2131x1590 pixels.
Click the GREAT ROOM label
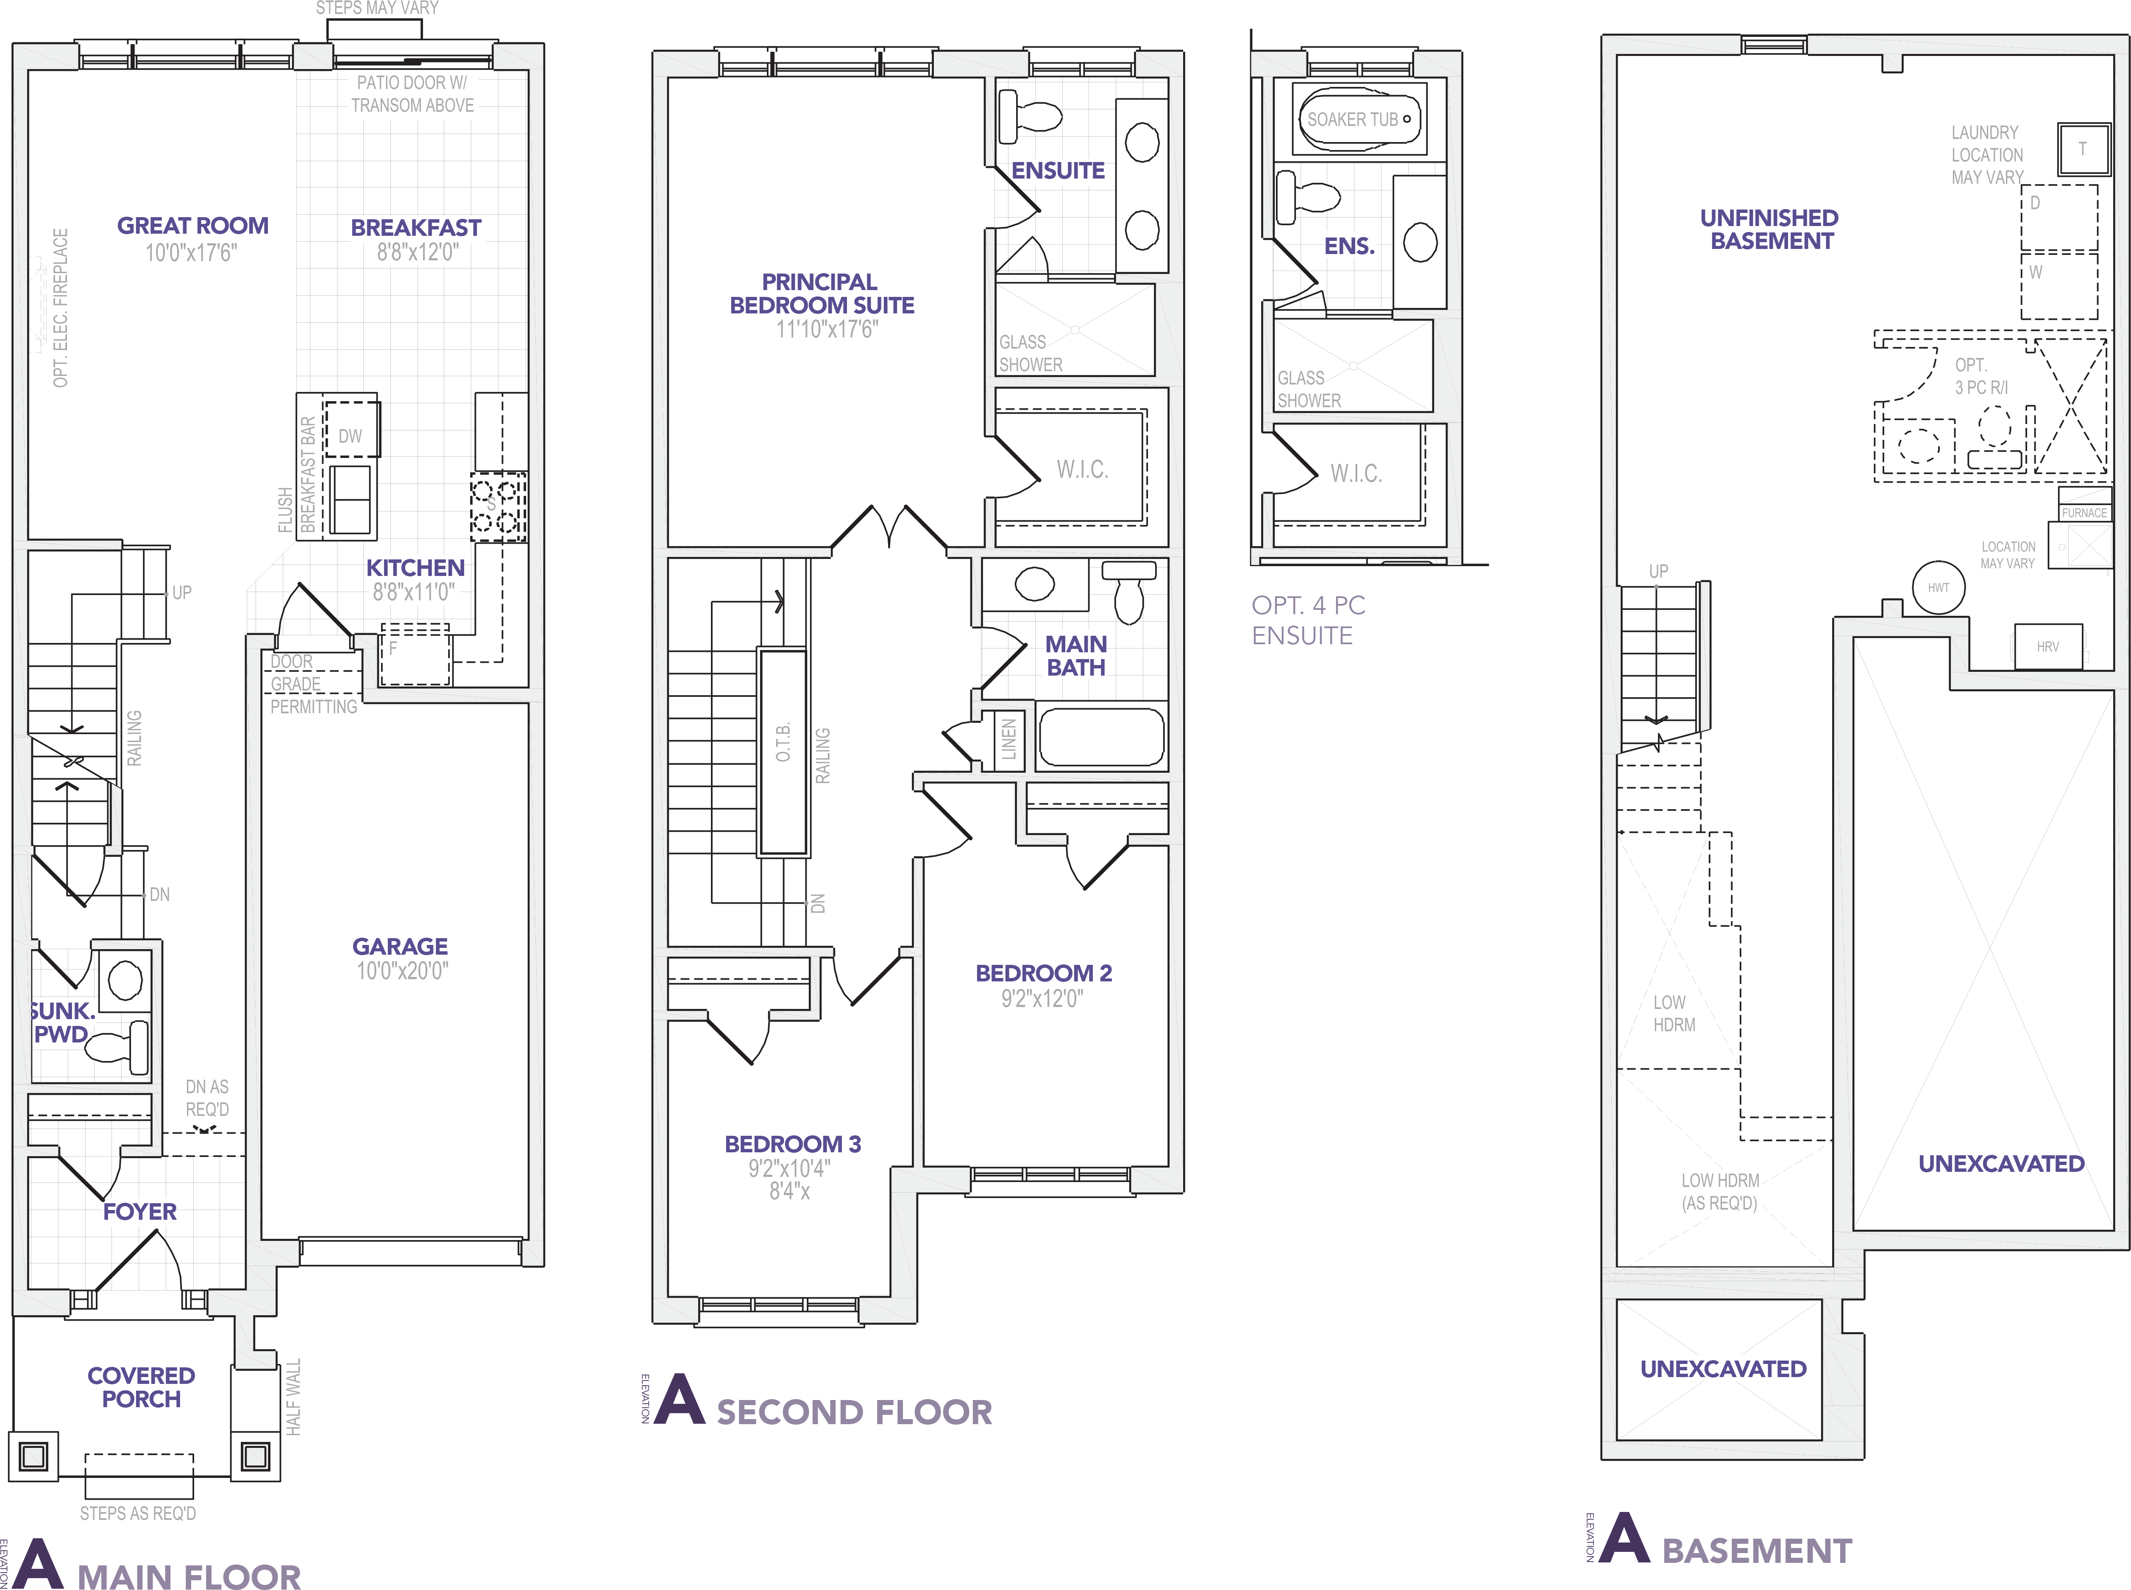pos(192,225)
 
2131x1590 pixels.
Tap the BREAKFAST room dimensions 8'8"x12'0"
pos(417,252)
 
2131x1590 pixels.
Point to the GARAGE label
pos(400,946)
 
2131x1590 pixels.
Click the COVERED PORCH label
pos(142,1387)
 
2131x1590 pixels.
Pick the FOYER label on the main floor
pos(139,1211)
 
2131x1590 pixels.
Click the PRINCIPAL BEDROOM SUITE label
pos(822,293)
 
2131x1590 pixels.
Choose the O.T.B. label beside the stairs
pos(783,742)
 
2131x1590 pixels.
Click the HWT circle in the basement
pos(1938,587)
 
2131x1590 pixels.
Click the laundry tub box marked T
pos(2083,149)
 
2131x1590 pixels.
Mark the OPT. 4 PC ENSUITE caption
pos(1307,620)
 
